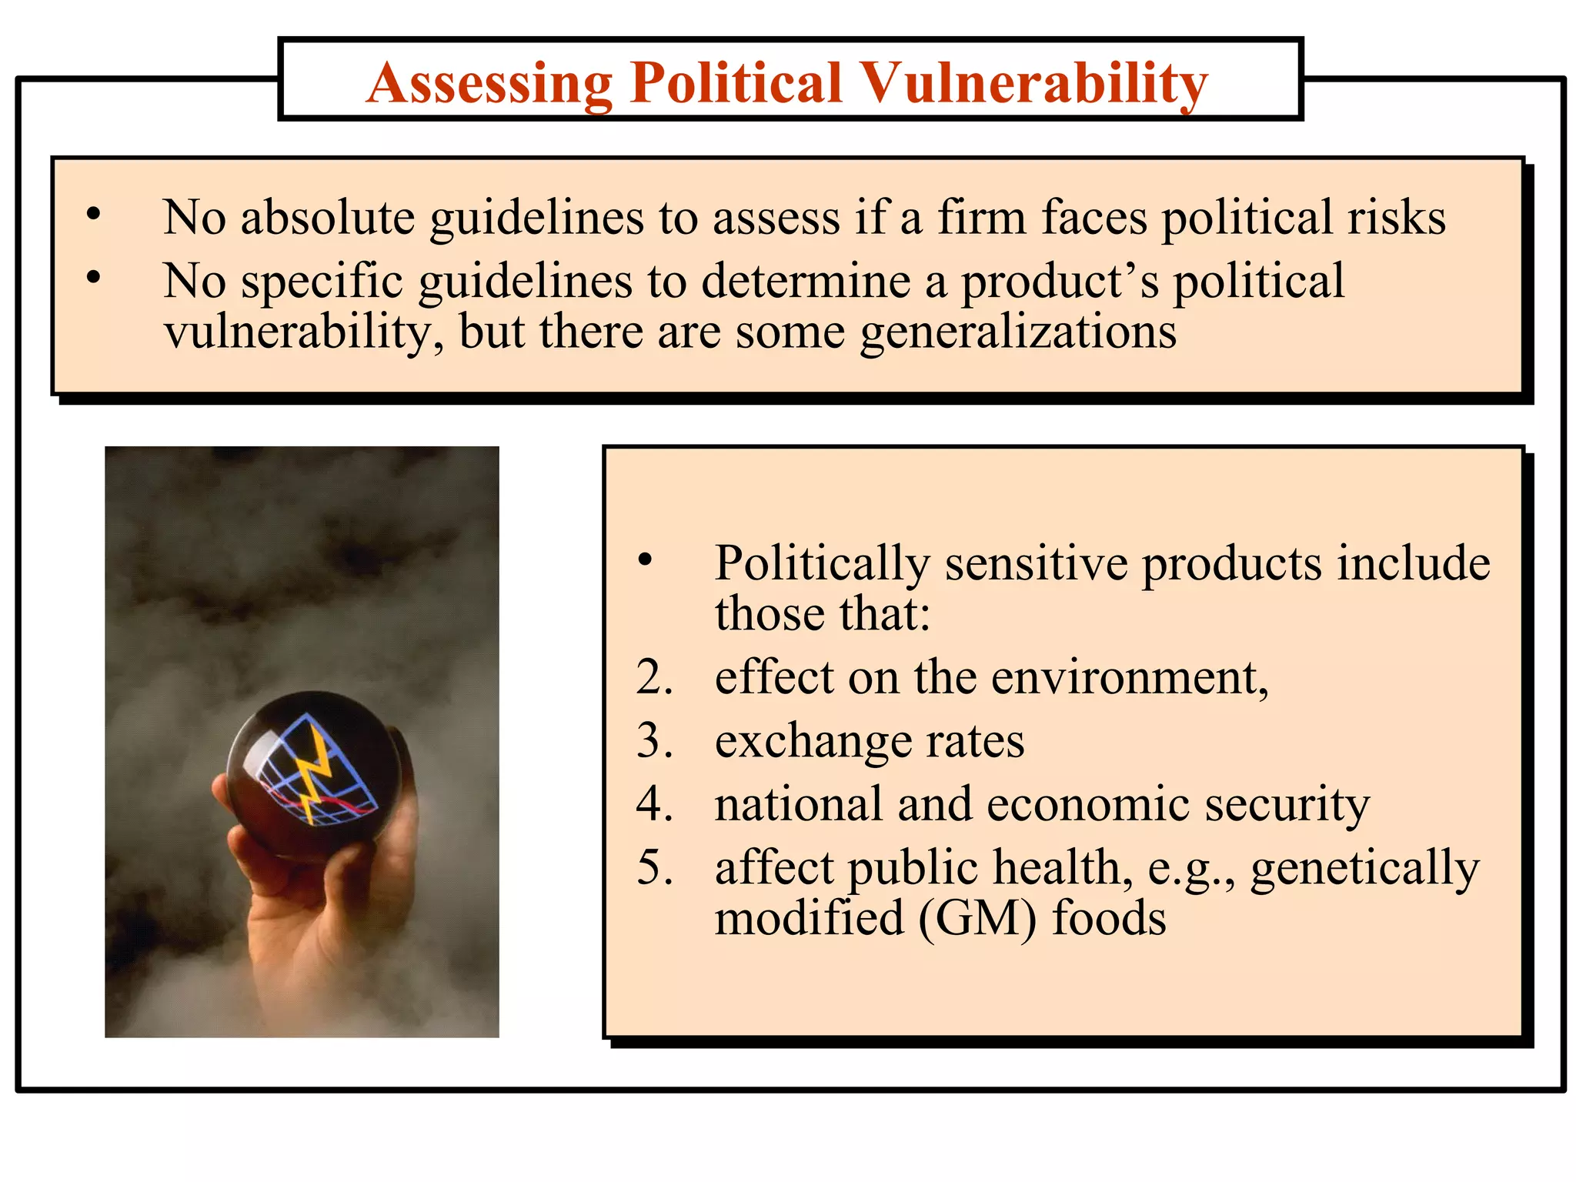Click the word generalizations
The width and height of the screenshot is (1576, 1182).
pyautogui.click(x=1017, y=332)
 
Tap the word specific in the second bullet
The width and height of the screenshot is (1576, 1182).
pyautogui.click(x=322, y=282)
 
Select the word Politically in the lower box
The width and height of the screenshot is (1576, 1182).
pyautogui.click(x=822, y=564)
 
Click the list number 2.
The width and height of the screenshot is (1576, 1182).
pyautogui.click(x=654, y=678)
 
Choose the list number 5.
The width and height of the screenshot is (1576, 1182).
pyautogui.click(x=654, y=868)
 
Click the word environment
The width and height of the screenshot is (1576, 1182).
pyautogui.click(x=1129, y=678)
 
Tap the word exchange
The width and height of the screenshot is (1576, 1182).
pyautogui.click(x=813, y=742)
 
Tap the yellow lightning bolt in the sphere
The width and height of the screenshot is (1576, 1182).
pyautogui.click(x=316, y=773)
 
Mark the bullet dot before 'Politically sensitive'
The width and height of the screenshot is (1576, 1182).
pyautogui.click(x=645, y=560)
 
